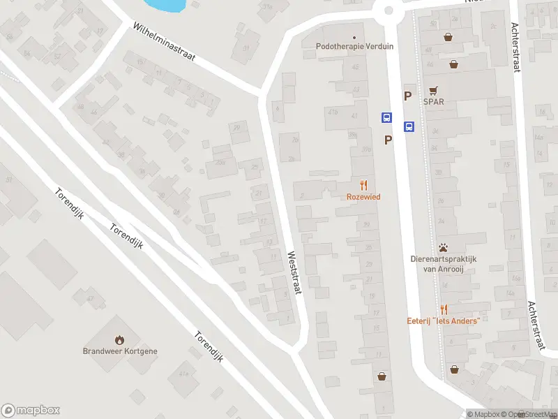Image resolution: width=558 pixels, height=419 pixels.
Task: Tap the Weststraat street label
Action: [293, 272]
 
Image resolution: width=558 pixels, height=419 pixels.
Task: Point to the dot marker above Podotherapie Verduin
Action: [354, 37]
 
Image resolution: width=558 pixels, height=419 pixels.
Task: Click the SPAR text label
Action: [433, 101]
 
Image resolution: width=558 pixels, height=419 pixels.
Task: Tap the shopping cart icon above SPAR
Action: [434, 90]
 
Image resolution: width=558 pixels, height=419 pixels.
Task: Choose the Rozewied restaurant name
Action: [363, 197]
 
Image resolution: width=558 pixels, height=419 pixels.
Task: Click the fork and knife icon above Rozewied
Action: [363, 185]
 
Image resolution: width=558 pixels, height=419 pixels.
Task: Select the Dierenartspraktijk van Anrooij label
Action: [443, 263]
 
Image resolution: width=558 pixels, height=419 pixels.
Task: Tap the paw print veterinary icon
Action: [443, 247]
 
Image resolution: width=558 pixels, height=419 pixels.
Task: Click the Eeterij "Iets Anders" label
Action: [444, 321]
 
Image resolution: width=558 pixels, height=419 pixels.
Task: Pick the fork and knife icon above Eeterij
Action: [444, 309]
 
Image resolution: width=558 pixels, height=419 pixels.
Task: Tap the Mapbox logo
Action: [30, 410]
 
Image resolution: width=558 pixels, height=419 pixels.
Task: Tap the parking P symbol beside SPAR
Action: [407, 96]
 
